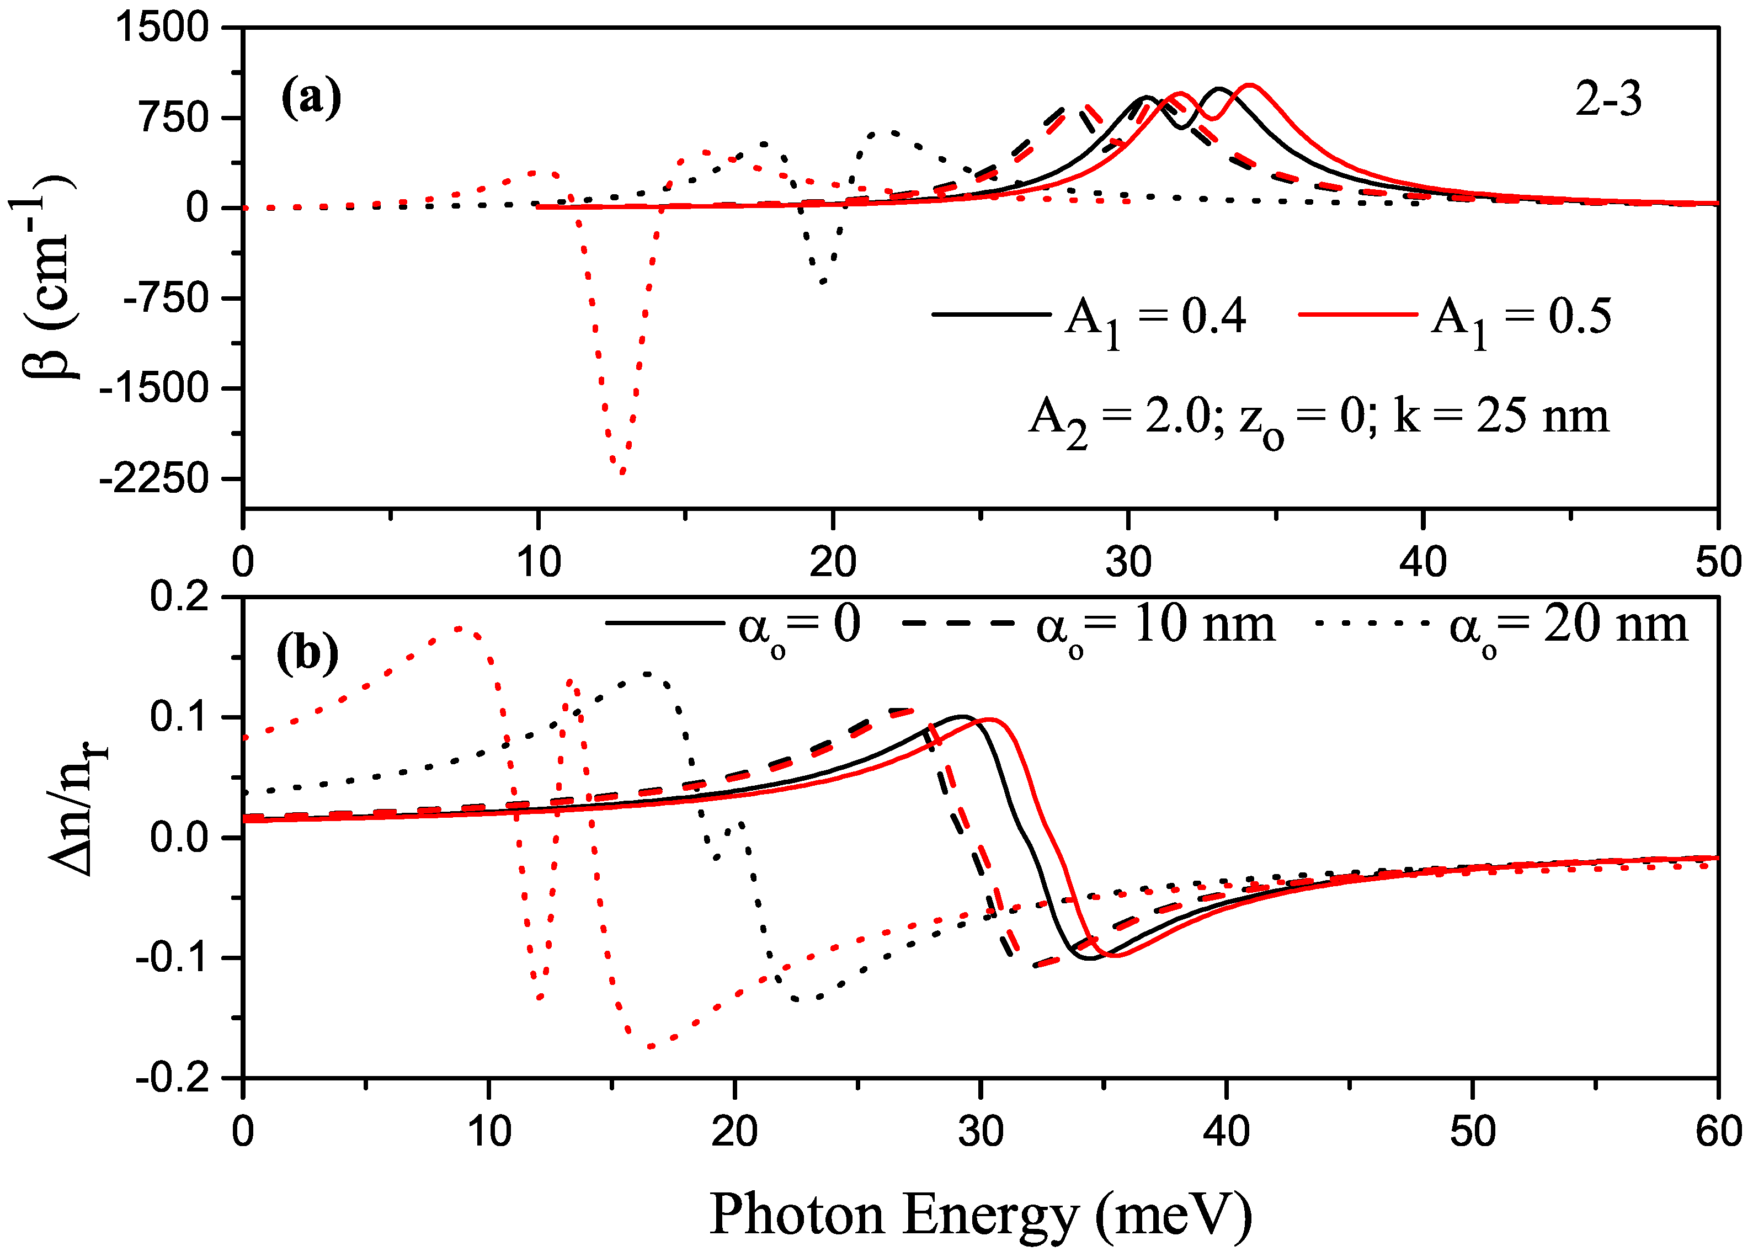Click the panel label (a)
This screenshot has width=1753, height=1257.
point(311,98)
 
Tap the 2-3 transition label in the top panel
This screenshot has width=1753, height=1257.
point(1608,100)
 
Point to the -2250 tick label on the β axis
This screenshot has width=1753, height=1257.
point(154,480)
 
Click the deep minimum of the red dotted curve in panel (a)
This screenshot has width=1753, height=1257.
point(621,472)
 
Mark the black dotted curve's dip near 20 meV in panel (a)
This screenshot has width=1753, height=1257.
point(822,281)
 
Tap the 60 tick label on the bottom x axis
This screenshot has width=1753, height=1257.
point(1718,1132)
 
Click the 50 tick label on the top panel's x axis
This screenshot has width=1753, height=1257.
point(1718,562)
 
